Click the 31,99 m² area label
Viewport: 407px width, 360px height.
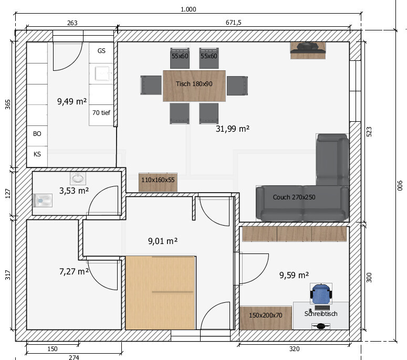233,129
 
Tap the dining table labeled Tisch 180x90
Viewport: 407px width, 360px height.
194,86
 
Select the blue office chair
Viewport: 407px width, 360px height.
321,294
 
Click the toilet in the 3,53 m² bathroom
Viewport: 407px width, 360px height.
43,200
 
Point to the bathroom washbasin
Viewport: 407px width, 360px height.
78,178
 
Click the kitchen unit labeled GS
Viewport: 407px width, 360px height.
101,53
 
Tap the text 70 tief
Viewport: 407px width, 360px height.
101,112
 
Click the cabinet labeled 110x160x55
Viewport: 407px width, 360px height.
158,183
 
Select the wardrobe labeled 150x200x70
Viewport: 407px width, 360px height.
266,318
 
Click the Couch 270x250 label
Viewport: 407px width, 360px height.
294,197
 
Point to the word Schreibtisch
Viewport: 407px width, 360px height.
321,314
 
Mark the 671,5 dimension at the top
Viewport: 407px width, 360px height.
233,23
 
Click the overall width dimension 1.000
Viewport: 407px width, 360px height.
188,9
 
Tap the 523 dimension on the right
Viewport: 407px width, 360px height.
369,132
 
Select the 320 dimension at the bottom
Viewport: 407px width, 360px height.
294,349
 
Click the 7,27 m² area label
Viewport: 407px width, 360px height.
74,271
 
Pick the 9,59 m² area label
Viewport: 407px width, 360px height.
294,275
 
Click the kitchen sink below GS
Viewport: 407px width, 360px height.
102,73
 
